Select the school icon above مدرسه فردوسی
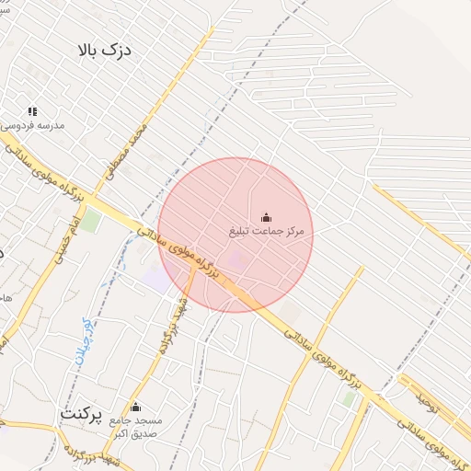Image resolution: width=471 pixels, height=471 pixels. pyautogui.click(x=32, y=111)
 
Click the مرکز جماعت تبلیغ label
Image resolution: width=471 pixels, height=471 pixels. pyautogui.click(x=267, y=230)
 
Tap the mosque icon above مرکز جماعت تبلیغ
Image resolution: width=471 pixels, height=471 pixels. pyautogui.click(x=267, y=217)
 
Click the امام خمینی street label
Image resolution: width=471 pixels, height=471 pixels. pyautogui.click(x=57, y=242)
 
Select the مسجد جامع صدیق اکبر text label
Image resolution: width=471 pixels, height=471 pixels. pyautogui.click(x=134, y=426)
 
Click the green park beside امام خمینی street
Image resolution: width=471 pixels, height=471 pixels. pyautogui.click(x=89, y=221)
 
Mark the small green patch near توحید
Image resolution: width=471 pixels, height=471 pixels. pyautogui.click(x=349, y=399)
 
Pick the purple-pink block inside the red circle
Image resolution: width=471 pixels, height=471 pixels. pyautogui.click(x=237, y=260)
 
